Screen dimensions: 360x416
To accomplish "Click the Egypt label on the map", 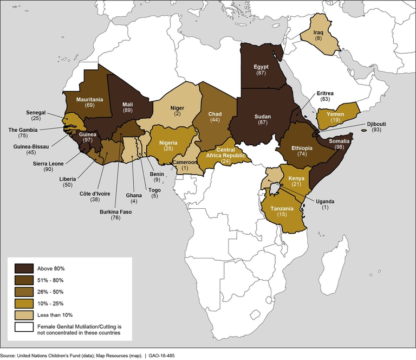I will [261, 67].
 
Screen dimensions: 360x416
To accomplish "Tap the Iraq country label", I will [318, 33].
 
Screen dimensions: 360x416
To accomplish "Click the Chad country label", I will [215, 114].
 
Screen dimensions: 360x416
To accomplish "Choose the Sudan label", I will [262, 116].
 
